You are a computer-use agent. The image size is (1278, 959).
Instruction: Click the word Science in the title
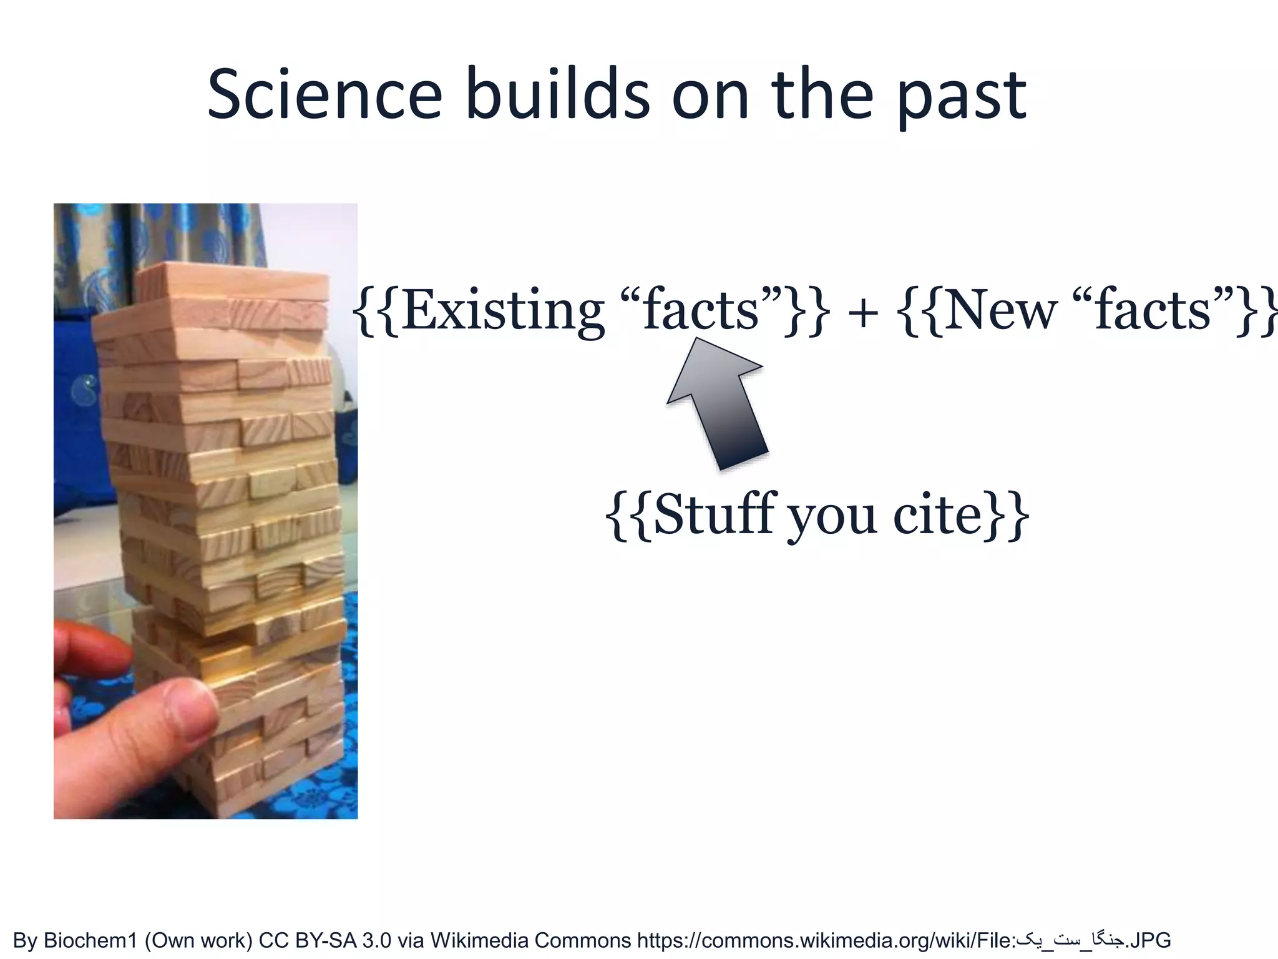324,96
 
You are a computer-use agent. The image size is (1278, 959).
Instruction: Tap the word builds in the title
557,96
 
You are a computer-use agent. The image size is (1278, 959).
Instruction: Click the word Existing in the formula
502,310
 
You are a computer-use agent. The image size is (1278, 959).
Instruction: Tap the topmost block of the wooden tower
231,280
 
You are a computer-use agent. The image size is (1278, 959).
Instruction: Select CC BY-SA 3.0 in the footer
324,940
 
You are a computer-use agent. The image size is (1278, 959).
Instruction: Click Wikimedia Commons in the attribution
530,940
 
